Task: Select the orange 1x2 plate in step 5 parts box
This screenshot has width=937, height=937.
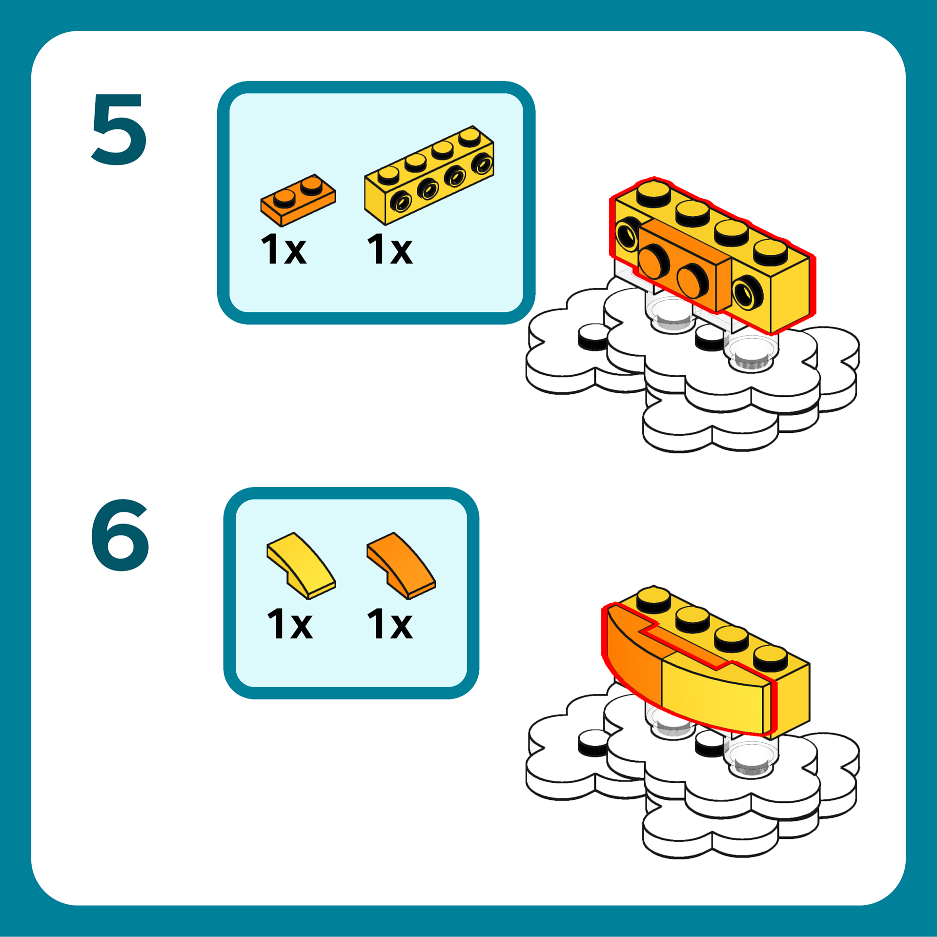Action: tap(298, 200)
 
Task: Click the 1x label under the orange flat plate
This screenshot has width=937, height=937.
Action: tap(284, 249)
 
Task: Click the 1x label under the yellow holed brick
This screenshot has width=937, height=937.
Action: tap(389, 249)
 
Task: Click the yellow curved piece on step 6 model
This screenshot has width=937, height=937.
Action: tap(713, 693)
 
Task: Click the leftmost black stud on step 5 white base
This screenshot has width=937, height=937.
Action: tap(592, 337)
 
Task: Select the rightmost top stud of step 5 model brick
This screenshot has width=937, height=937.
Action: tap(770, 251)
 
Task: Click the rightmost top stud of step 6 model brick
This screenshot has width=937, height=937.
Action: tap(770, 657)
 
